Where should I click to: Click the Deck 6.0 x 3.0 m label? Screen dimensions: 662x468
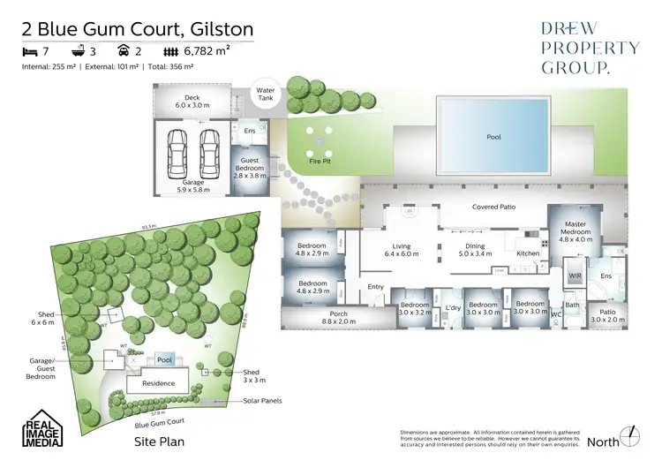tap(192, 102)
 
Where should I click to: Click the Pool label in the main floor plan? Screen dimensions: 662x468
tap(493, 138)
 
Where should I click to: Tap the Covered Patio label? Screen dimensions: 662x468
tap(494, 207)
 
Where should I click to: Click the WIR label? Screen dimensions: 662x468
tap(575, 276)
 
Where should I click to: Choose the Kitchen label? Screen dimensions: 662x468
tap(529, 254)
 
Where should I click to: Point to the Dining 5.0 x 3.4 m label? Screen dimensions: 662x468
tap(475, 251)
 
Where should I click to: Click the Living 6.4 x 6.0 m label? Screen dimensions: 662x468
tap(402, 251)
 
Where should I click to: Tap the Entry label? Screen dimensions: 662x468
tap(376, 286)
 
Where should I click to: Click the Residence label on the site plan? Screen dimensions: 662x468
tap(159, 383)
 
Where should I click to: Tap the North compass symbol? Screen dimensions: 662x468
tap(629, 436)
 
